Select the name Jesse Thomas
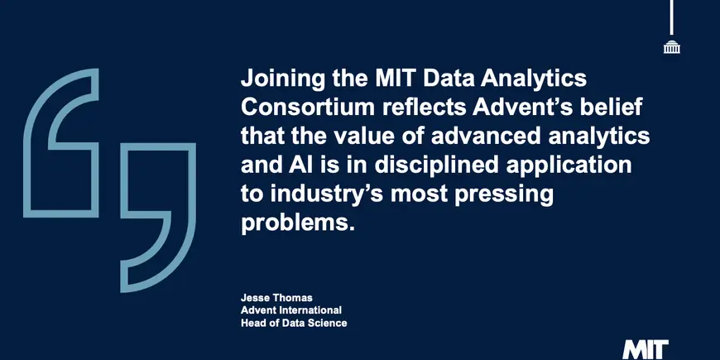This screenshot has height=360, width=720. (276, 298)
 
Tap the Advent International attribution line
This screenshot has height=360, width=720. (291, 310)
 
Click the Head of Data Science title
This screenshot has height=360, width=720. (294, 323)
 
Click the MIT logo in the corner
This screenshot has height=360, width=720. (646, 351)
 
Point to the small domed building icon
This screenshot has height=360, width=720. (672, 47)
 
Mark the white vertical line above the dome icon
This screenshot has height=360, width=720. (672, 17)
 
